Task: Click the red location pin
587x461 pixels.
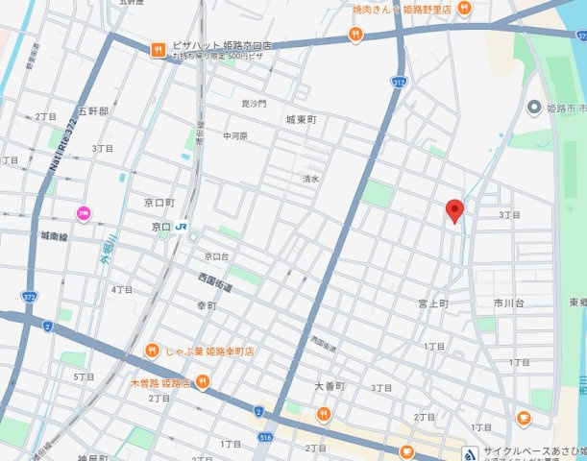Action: click(x=456, y=210)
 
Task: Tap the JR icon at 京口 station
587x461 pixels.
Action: click(x=182, y=227)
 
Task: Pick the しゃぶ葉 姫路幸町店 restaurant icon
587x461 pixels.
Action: click(x=152, y=351)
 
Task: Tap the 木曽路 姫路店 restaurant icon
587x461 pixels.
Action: click(x=204, y=382)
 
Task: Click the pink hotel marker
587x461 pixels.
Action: click(x=84, y=213)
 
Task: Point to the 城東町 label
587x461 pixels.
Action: click(x=301, y=119)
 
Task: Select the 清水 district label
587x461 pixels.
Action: click(x=310, y=178)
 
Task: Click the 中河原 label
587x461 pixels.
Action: click(x=234, y=136)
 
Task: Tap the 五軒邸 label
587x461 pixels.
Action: click(x=92, y=111)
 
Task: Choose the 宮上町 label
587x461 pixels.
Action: click(x=433, y=303)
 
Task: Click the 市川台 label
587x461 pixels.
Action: click(x=509, y=303)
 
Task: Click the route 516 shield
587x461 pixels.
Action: click(x=265, y=436)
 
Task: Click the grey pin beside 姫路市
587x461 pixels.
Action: click(x=534, y=107)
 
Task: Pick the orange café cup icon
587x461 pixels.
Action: click(x=524, y=418)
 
